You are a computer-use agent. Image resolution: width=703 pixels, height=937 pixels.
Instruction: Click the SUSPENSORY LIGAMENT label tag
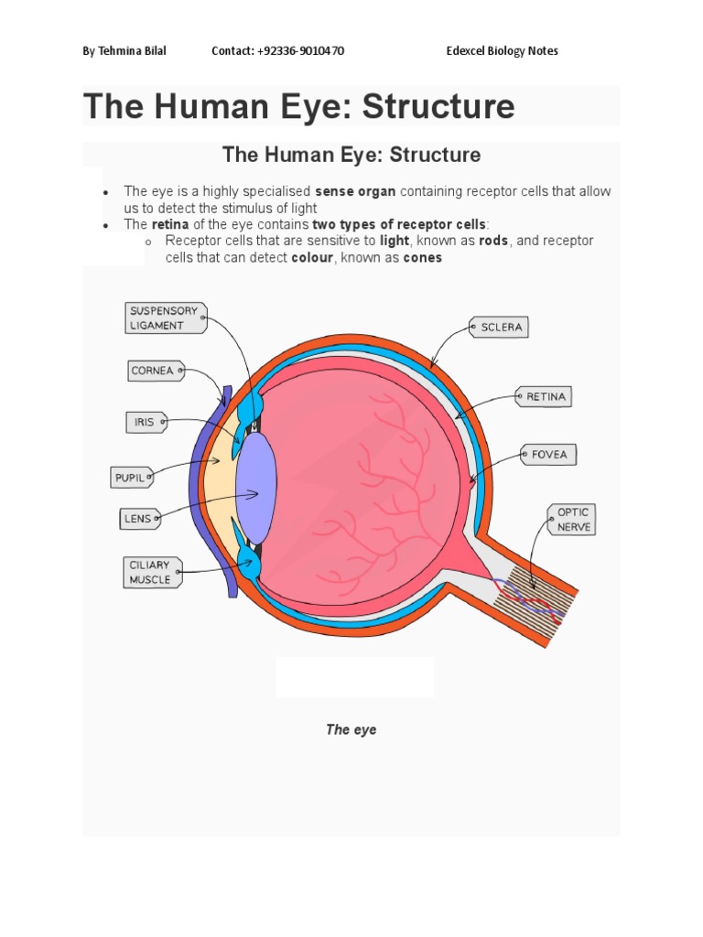pyautogui.click(x=165, y=318)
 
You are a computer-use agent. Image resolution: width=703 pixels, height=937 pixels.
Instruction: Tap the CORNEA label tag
pyautogui.click(x=153, y=371)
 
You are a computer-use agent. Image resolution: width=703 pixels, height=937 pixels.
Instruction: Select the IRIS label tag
pyautogui.click(x=146, y=422)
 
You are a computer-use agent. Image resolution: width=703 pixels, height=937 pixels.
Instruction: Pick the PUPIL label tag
pyautogui.click(x=131, y=478)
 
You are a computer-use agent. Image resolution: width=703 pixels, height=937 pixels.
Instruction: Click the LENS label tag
pyautogui.click(x=138, y=519)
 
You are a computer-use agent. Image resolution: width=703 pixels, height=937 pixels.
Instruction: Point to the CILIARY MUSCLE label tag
pyautogui.click(x=151, y=572)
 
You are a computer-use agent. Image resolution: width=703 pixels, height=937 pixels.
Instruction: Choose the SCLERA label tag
pyautogui.click(x=499, y=327)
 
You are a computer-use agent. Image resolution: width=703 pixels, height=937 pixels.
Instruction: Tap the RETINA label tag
pyautogui.click(x=546, y=397)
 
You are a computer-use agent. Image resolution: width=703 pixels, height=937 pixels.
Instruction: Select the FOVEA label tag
pyautogui.click(x=548, y=454)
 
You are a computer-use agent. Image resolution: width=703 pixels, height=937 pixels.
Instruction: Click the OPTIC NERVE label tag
pyautogui.click(x=572, y=520)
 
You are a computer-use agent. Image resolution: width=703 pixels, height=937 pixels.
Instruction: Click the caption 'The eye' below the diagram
pyautogui.click(x=351, y=729)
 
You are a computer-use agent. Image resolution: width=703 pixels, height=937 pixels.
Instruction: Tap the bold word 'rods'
pyautogui.click(x=493, y=241)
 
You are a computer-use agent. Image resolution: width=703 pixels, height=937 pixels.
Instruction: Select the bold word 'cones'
pyautogui.click(x=423, y=258)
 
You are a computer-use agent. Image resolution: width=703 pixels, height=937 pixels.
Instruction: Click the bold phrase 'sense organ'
pyautogui.click(x=355, y=191)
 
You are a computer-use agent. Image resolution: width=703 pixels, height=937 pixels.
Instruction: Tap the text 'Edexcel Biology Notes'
pyautogui.click(x=502, y=51)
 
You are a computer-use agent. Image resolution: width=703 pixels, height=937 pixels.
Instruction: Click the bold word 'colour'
pyautogui.click(x=311, y=258)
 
